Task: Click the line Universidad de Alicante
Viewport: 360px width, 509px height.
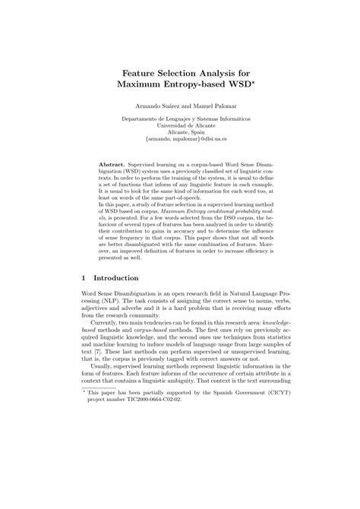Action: point(180,125)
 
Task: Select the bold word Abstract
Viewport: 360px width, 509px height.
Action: point(115,163)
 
